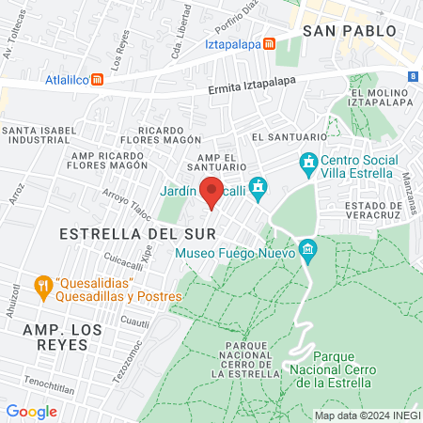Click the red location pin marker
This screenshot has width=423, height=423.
(211, 192)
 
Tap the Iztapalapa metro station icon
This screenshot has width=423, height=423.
(270, 43)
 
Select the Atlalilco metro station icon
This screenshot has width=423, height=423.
(97, 80)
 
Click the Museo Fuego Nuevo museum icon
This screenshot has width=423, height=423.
(307, 249)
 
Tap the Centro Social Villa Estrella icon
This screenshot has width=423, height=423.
(307, 164)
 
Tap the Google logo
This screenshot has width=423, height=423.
(31, 411)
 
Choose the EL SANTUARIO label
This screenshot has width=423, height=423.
(281, 137)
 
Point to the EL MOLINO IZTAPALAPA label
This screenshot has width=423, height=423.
(382, 98)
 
